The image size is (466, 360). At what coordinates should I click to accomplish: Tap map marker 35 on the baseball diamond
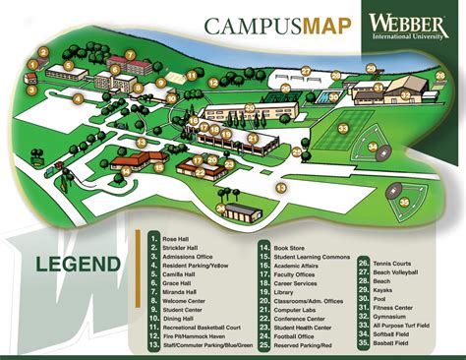404,202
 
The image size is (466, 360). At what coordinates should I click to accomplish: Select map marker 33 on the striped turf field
343,128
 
